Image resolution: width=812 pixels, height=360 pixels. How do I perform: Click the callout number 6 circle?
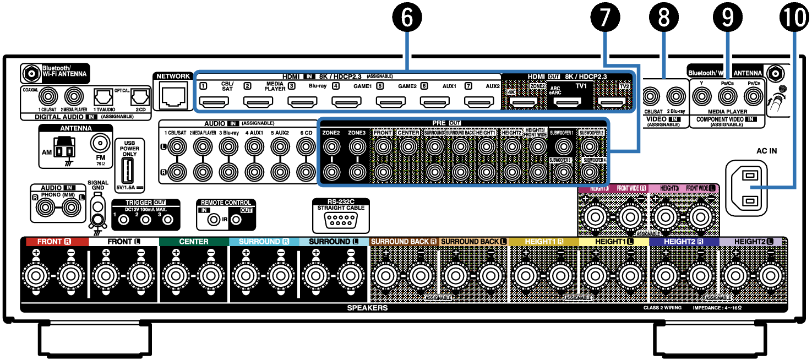(407, 18)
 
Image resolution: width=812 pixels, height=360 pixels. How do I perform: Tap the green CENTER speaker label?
(194, 242)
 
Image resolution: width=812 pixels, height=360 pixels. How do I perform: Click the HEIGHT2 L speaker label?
(753, 242)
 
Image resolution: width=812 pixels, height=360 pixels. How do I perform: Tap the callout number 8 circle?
(664, 18)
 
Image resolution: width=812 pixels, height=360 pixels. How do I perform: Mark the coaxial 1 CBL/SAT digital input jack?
(47, 97)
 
